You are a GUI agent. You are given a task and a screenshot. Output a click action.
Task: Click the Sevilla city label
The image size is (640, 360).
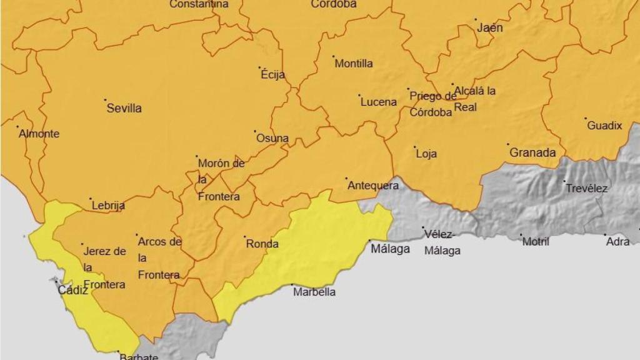coord(124,108)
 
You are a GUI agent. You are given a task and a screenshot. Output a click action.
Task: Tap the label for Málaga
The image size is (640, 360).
coord(390,249)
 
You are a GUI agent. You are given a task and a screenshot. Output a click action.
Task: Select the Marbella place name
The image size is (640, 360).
coord(314,292)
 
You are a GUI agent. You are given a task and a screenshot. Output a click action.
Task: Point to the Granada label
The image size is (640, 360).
coord(532,152)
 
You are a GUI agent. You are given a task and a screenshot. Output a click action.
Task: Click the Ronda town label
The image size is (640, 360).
coord(262,244)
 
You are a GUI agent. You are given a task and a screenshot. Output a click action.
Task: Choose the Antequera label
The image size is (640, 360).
coord(372,186)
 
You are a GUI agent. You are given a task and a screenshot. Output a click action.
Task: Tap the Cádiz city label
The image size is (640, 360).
coord(73,290)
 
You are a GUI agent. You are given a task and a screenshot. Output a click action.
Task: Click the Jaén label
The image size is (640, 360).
coord(489,28)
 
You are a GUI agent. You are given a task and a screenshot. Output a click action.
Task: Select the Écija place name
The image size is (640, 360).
coord(272,75)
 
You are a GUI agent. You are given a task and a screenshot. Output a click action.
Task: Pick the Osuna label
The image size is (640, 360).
coord(272,138)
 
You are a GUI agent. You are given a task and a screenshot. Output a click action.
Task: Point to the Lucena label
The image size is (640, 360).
coord(378,102)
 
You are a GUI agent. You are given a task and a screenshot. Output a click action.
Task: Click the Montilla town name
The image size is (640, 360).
coord(354,64)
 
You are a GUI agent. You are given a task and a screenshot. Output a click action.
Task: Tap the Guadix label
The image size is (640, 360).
coord(604,126)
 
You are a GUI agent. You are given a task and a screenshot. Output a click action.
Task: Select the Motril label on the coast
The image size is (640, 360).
coord(536,242)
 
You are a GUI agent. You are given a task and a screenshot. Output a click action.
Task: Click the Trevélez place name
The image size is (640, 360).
coord(586,188)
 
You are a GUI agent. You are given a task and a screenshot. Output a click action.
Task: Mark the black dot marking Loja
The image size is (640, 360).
coord(415,147)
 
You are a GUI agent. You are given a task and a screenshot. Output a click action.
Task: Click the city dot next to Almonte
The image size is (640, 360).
coord(18,127)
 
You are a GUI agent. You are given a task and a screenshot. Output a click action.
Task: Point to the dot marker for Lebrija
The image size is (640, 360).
coord(91,199)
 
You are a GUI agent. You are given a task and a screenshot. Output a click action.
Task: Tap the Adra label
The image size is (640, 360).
coord(617,242)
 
